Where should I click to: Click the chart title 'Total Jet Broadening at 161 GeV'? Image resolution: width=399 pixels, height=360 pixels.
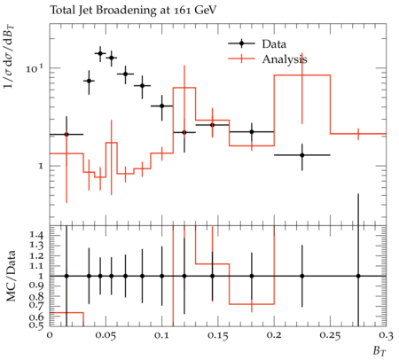133,11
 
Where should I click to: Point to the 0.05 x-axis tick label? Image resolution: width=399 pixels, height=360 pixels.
106,336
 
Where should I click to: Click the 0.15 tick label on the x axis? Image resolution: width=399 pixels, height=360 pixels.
217,336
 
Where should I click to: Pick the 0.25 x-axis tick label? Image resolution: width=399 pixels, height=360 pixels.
330,336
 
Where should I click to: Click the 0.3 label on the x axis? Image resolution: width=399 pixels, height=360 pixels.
386,336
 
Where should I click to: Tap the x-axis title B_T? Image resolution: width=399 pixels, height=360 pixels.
379,351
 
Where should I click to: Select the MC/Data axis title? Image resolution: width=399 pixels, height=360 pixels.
11,276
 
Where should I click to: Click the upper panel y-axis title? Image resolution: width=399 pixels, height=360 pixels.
9,57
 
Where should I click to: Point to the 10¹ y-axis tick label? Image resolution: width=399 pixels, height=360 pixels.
35,68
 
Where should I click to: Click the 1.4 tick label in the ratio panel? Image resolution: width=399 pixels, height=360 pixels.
36,235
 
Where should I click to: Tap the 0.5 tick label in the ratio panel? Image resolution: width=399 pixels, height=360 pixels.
36,325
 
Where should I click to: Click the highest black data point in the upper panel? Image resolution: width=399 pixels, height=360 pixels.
100,53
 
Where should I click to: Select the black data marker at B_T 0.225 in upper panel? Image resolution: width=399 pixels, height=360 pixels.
302,155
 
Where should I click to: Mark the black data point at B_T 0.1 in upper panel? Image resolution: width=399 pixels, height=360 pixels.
161,106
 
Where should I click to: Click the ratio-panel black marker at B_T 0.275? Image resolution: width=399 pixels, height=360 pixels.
358,276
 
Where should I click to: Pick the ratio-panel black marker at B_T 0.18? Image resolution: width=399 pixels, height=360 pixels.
252,276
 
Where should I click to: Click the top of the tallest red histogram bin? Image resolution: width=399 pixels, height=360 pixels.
302,75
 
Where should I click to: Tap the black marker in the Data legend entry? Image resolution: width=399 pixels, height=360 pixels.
241,43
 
